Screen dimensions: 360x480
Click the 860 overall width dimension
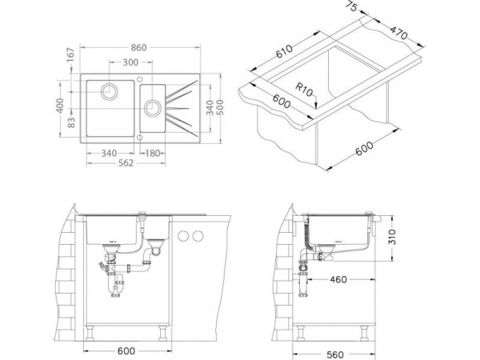(138, 48)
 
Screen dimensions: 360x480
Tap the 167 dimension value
(70, 54)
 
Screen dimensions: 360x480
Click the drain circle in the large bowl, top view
(107, 91)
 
